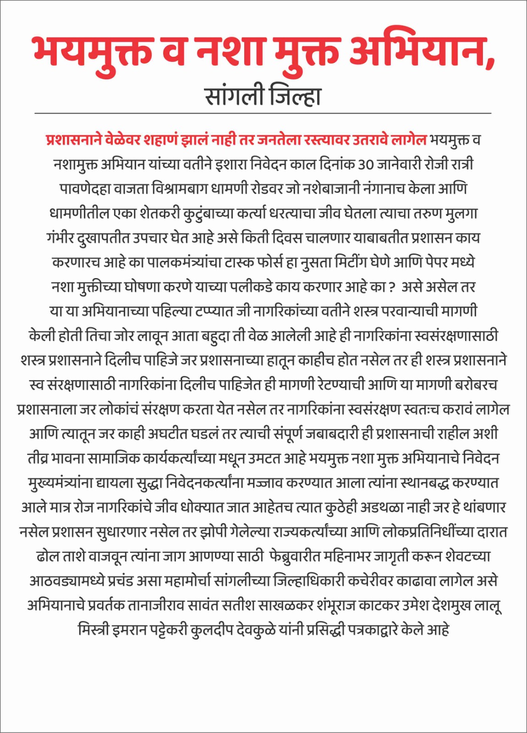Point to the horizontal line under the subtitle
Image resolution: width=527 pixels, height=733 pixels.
click(x=263, y=113)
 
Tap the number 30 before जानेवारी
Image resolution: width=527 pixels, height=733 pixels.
click(x=365, y=164)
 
